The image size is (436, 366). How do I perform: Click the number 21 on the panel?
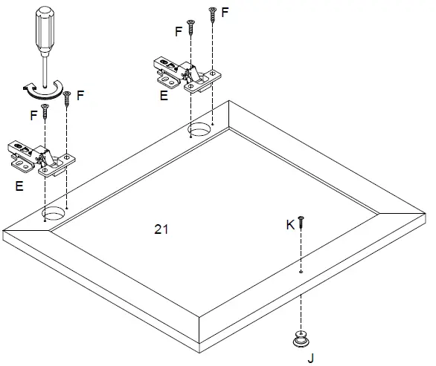pyautogui.click(x=161, y=229)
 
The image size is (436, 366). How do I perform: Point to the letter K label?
pyautogui.click(x=290, y=223)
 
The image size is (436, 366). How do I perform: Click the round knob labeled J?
pyautogui.click(x=301, y=339)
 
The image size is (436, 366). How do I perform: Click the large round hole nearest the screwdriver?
pyautogui.click(x=54, y=215)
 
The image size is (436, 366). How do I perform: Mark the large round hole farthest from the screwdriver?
pyautogui.click(x=199, y=131)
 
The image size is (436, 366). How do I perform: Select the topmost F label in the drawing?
pyautogui.click(x=225, y=13)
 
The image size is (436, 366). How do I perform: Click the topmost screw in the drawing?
pyautogui.click(x=212, y=13)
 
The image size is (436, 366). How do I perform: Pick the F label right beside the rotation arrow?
pyautogui.click(x=80, y=95)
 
